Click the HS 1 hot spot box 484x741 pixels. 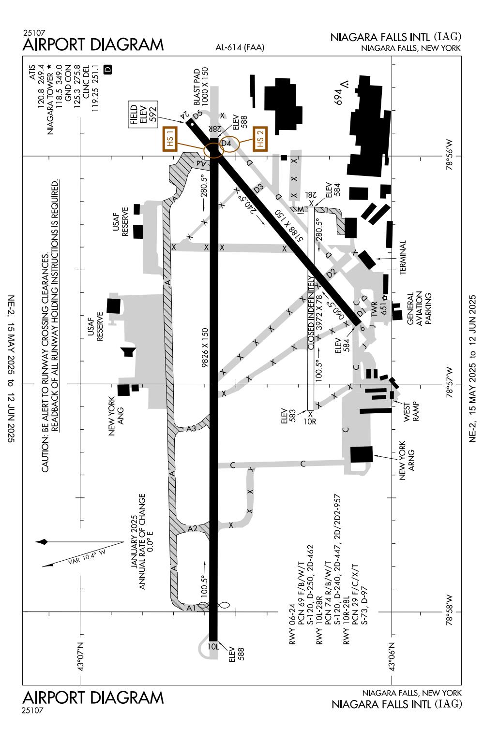tap(170, 140)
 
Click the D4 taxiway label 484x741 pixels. tap(226, 144)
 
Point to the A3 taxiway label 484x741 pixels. tap(191, 428)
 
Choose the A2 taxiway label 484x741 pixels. tap(192, 528)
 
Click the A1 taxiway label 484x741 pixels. tap(191, 608)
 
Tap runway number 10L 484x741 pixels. tap(214, 646)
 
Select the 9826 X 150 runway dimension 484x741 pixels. tap(205, 348)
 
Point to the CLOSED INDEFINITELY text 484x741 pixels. tap(312, 313)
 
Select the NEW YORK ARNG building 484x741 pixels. tap(362, 454)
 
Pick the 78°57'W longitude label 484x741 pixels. tap(451, 384)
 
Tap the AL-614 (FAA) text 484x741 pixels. tap(240, 47)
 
